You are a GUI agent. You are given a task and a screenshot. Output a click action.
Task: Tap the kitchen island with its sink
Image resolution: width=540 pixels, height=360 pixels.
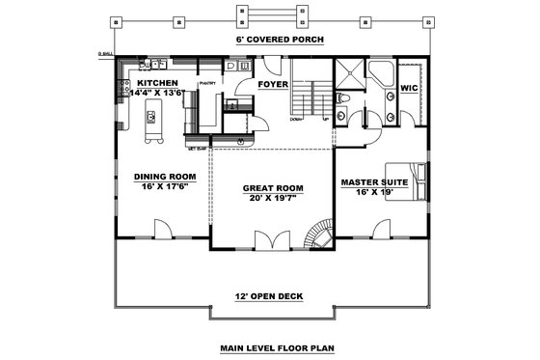(x=151, y=123)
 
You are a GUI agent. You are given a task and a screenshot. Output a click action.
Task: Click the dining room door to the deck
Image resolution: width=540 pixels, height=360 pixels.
(x=162, y=232)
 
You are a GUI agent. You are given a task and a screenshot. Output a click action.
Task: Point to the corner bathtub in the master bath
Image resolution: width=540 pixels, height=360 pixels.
(x=380, y=73)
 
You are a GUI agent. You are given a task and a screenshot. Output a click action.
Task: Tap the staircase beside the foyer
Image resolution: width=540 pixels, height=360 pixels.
(x=310, y=97)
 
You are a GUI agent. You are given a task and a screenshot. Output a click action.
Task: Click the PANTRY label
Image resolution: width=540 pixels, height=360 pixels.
(x=207, y=84)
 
